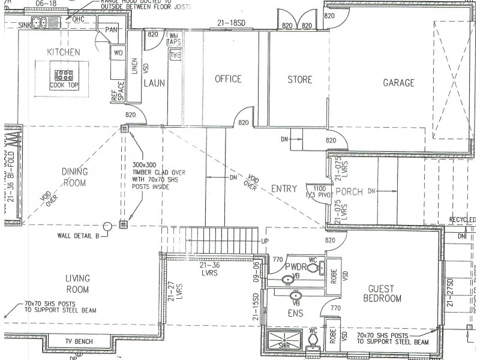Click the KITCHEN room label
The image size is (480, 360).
[x=63, y=53]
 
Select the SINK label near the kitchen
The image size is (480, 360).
[x=24, y=25]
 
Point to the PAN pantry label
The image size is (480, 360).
[x=111, y=30]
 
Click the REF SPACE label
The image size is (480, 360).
[x=117, y=92]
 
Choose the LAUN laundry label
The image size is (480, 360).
[x=154, y=83]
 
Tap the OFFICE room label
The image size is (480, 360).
[x=228, y=79]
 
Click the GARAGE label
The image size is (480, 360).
[x=398, y=83]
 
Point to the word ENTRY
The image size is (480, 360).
[x=284, y=188]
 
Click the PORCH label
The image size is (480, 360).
[x=349, y=192]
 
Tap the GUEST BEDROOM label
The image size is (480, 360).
[x=385, y=293]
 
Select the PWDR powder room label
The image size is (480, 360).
[x=296, y=266]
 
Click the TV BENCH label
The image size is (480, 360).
[x=79, y=342]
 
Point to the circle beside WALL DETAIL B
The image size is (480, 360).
[x=107, y=226]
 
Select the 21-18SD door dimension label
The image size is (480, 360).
[x=232, y=23]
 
